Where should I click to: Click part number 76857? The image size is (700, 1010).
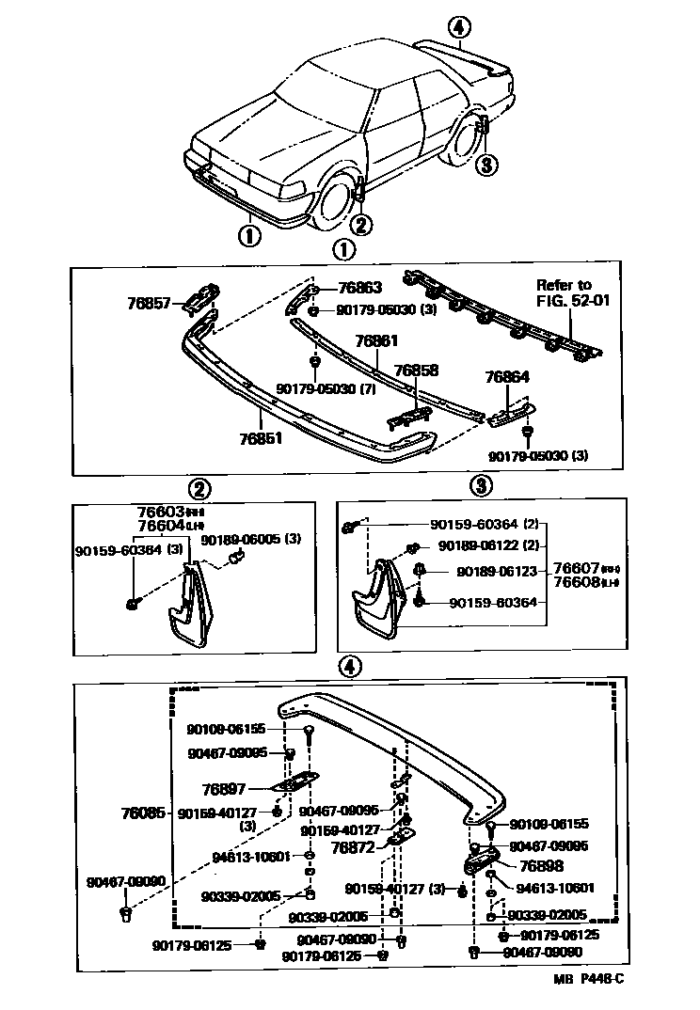[148, 304]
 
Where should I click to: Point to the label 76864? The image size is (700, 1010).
[507, 377]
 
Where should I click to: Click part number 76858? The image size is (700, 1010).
[415, 371]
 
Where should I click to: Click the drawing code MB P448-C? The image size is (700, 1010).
[588, 979]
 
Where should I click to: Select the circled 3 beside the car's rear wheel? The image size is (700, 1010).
[485, 166]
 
